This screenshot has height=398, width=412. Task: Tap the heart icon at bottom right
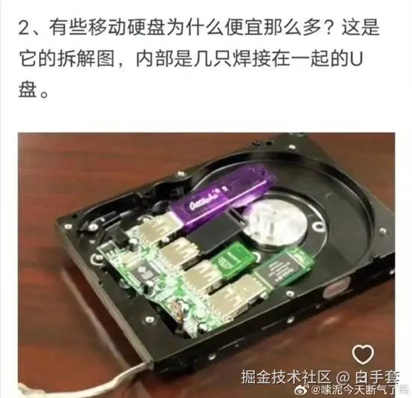pyautogui.click(x=364, y=353)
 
